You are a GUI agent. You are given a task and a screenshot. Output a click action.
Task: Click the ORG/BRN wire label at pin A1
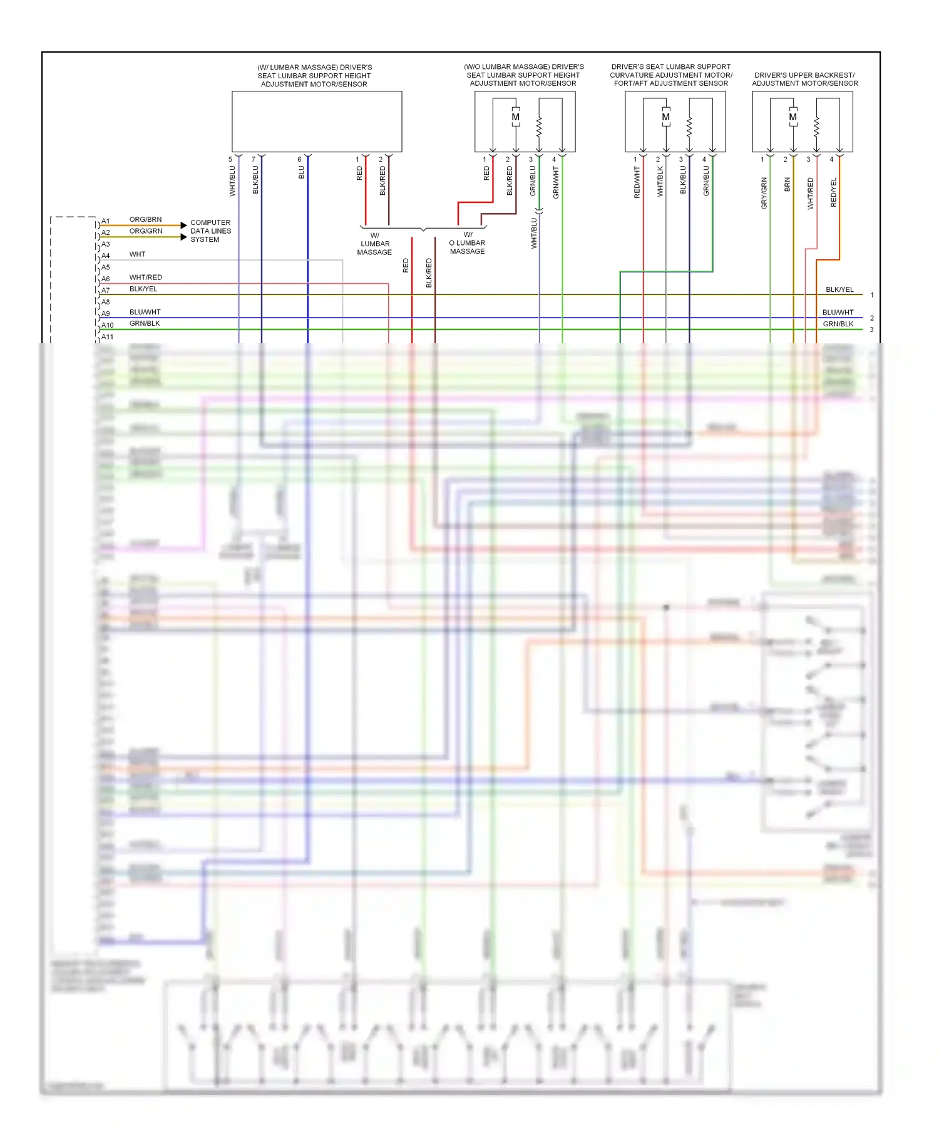[x=145, y=220]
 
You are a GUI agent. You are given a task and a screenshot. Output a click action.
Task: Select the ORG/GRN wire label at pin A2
[x=145, y=231]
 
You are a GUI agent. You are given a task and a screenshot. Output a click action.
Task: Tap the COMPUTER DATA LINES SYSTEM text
[x=210, y=231]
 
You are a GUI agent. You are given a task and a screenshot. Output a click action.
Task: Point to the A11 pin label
[x=108, y=337]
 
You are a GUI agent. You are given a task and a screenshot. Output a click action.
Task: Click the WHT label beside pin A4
[x=137, y=254]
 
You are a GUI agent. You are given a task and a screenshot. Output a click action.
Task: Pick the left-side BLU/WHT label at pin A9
[x=145, y=312]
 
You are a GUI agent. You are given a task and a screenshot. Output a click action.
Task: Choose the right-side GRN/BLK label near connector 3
[x=838, y=324]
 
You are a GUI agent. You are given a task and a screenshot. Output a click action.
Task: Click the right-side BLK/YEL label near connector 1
[x=839, y=289]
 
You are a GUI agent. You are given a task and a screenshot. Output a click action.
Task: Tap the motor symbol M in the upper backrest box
[x=793, y=117]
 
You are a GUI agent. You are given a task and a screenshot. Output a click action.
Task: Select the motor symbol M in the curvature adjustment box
[x=665, y=117]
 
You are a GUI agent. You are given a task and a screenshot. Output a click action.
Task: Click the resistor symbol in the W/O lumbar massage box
[x=539, y=127]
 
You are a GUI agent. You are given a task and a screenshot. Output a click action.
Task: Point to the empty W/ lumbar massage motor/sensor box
[x=317, y=122]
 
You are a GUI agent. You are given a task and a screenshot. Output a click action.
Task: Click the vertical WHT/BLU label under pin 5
[x=232, y=181]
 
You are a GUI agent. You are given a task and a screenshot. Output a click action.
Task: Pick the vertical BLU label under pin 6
[x=302, y=172]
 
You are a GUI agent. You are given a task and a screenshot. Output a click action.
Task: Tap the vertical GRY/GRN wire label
[x=764, y=193]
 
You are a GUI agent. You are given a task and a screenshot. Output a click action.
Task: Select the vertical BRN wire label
[x=787, y=184]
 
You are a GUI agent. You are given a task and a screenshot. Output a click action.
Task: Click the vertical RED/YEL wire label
[x=833, y=192]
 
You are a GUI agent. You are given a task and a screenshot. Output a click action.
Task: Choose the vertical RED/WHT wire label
[x=637, y=182]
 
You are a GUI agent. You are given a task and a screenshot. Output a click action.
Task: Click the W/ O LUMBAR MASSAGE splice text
[x=468, y=243]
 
